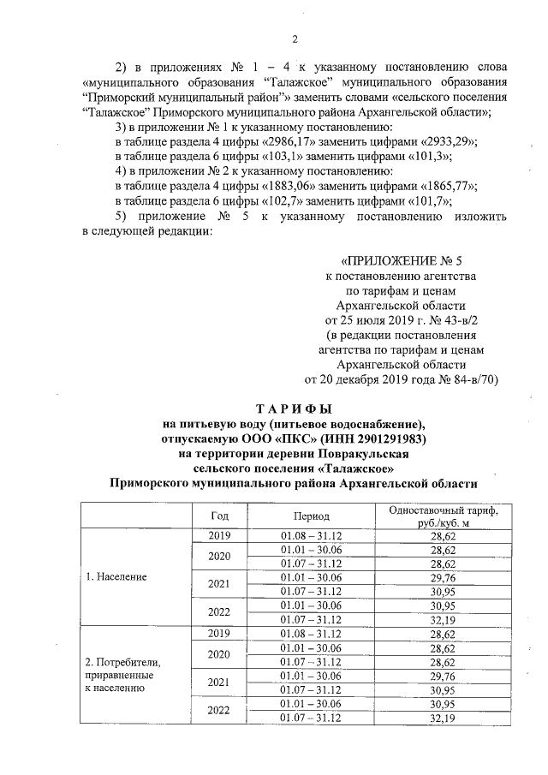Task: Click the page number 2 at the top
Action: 295,37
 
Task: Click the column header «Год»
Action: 219,516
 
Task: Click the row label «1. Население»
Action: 116,577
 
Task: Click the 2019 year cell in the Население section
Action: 219,536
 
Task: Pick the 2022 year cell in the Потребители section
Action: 219,710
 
